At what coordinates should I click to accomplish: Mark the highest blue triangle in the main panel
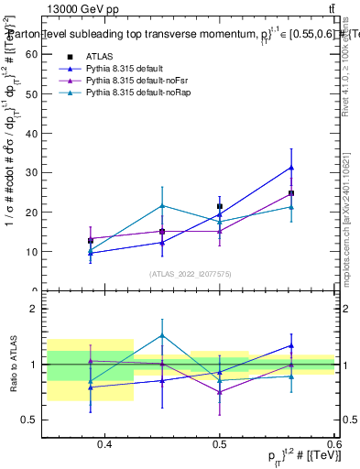291,168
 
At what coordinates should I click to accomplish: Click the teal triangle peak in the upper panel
162,205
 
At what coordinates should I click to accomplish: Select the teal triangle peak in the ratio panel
162,335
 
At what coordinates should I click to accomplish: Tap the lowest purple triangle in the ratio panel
220,392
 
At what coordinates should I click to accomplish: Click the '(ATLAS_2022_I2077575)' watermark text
190,273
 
